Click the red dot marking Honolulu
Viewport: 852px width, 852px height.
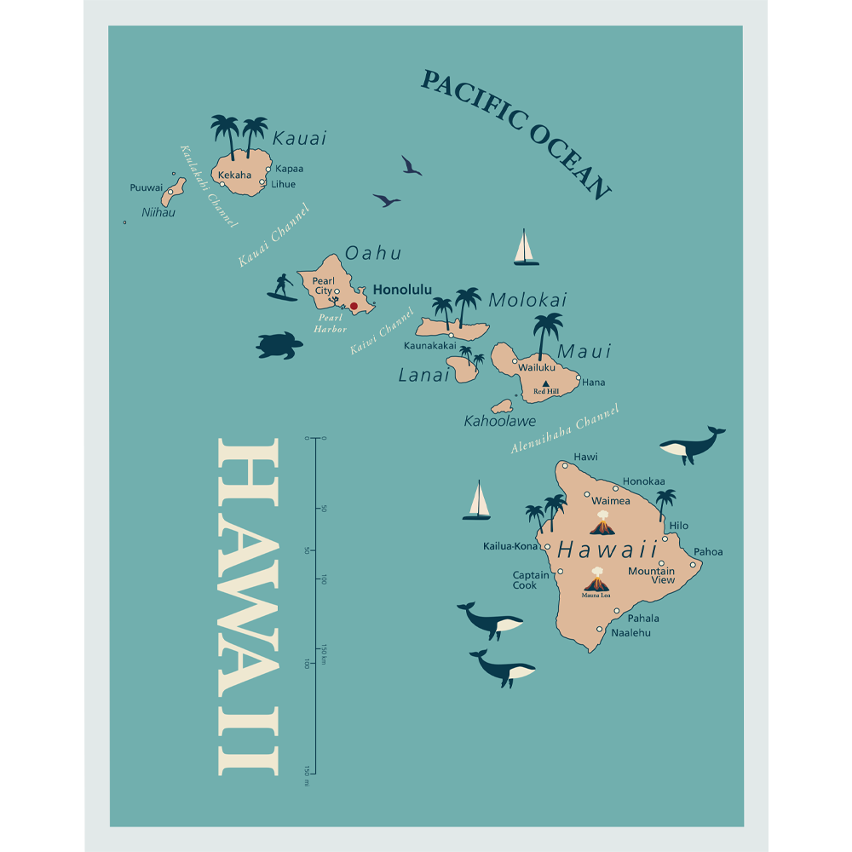coord(354,306)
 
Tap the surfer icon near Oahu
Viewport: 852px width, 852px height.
coord(283,287)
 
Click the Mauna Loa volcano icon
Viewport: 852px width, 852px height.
coord(596,581)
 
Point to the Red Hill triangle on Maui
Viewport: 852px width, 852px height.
coord(545,383)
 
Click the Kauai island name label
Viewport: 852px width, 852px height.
coord(299,138)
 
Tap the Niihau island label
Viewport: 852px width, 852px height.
coord(158,212)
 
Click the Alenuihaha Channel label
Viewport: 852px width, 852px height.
coord(564,429)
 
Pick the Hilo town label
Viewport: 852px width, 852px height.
coord(678,526)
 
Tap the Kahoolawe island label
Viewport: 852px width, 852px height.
coord(499,421)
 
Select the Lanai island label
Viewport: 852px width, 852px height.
coord(423,375)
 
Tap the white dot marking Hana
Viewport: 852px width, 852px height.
coord(578,378)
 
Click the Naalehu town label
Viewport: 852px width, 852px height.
coord(630,633)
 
